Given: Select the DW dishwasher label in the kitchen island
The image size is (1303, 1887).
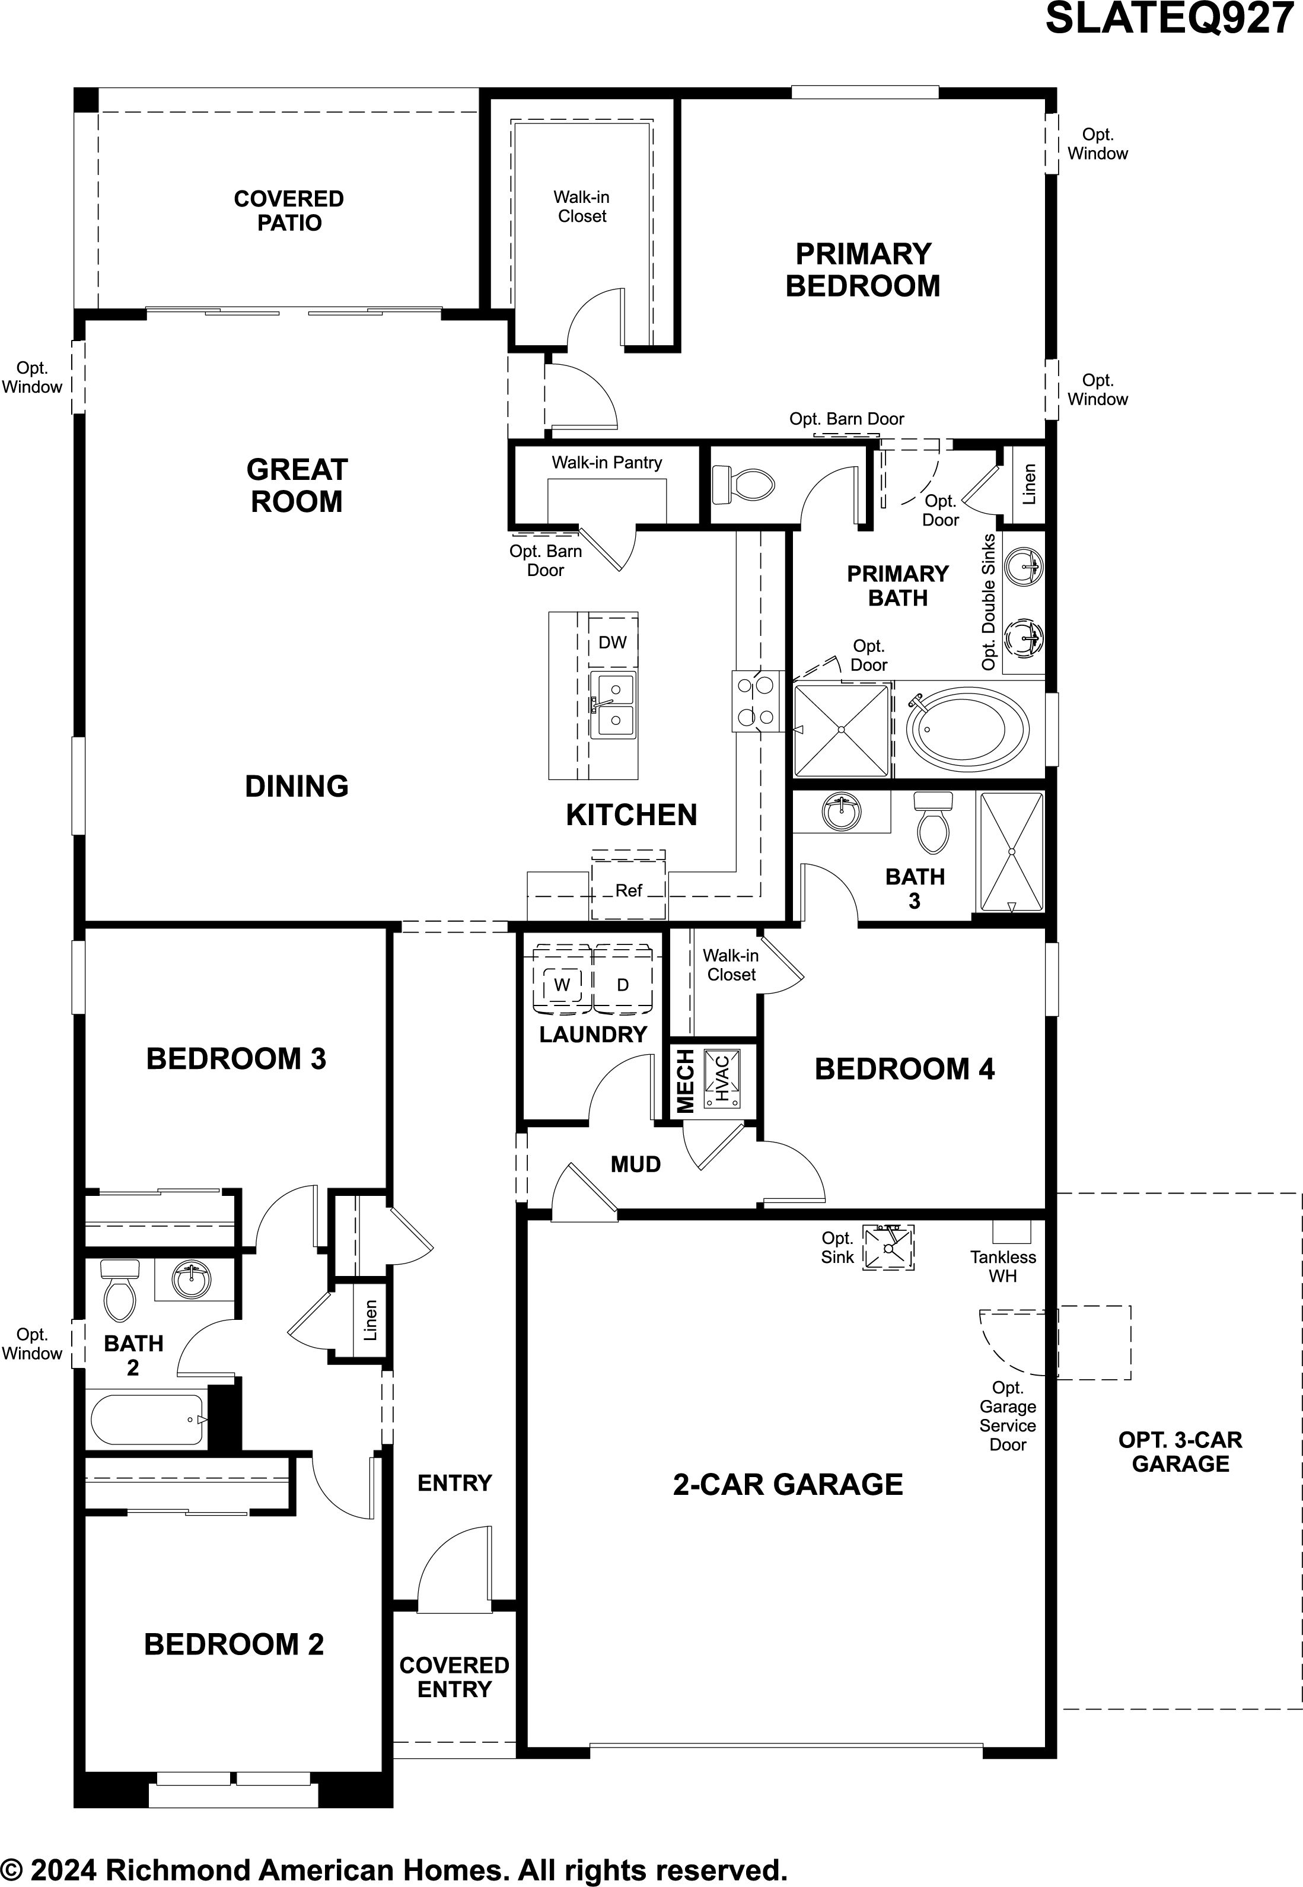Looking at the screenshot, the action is (x=612, y=642).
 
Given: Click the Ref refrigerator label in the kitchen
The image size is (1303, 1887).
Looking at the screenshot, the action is (x=629, y=890).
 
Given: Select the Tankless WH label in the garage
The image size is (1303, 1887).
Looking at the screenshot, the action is (x=1003, y=1267).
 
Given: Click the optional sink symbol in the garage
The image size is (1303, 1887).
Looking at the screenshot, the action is (x=889, y=1247).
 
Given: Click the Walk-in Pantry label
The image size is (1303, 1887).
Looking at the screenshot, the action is (x=607, y=462).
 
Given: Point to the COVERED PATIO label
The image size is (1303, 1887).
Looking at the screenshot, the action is (x=289, y=211).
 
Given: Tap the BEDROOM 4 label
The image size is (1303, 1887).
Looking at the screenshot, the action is (x=904, y=1069).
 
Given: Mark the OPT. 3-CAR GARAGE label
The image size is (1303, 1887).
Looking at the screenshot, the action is (x=1181, y=1452).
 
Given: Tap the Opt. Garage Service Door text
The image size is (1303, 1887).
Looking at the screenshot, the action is (x=1008, y=1416).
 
